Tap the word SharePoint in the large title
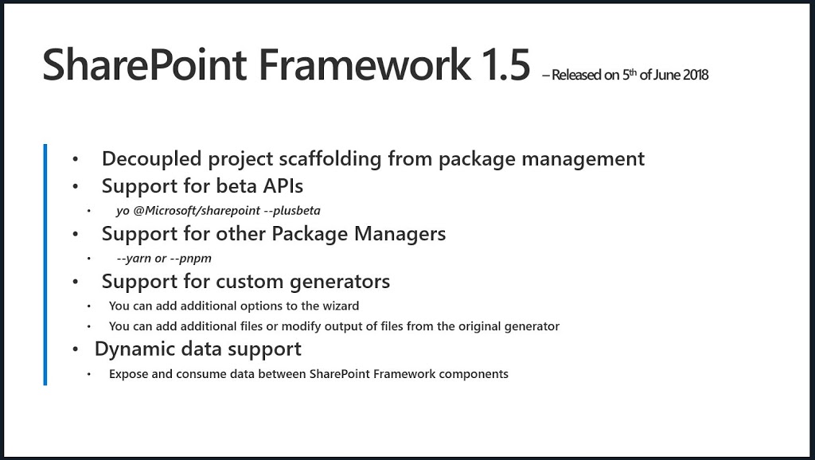pos(145,64)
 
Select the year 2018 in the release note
pos(696,75)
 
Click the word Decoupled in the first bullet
pos(152,158)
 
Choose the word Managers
pos(400,234)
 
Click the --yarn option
pos(134,259)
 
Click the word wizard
pos(341,306)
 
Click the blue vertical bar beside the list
pos(45,264)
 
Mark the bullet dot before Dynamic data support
pos(76,349)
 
